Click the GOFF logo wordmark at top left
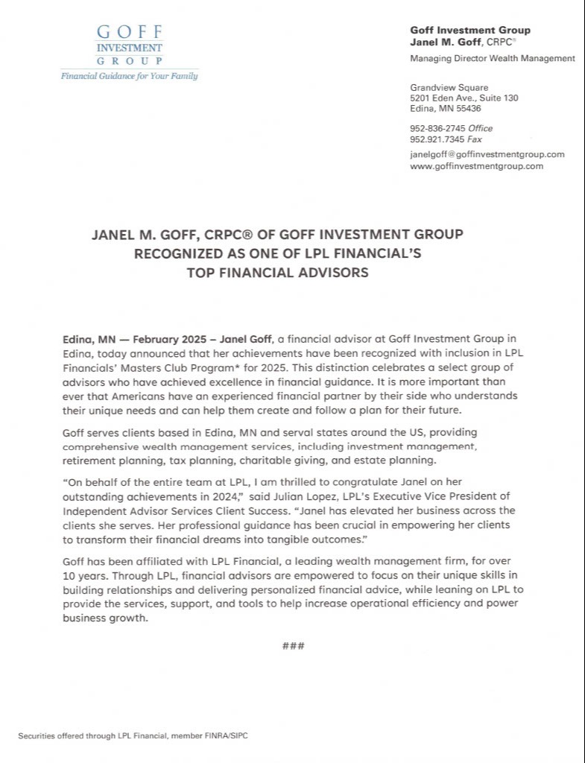[130, 33]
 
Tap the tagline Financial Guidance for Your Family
[129, 76]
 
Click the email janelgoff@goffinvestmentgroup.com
[487, 154]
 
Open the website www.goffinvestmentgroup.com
[476, 166]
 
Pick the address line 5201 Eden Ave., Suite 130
[464, 98]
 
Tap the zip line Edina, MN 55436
[446, 108]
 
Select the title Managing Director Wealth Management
[493, 58]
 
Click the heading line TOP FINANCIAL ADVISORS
[278, 273]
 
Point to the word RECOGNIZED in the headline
[171, 253]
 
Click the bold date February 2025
[168, 338]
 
